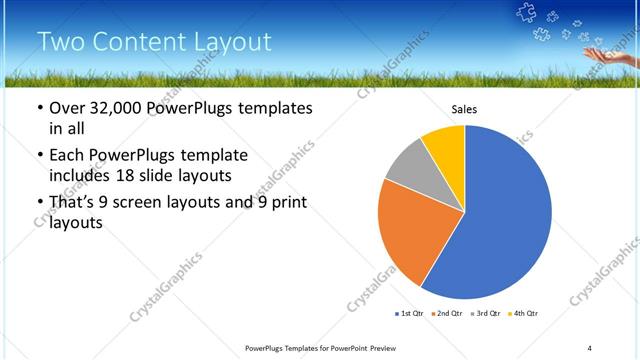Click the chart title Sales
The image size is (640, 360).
[465, 109]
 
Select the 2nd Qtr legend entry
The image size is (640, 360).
[446, 314]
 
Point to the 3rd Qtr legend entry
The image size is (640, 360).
[485, 314]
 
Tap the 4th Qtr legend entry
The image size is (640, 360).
[524, 314]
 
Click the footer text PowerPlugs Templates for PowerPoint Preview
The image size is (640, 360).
[329, 347]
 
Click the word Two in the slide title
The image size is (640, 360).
[59, 42]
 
